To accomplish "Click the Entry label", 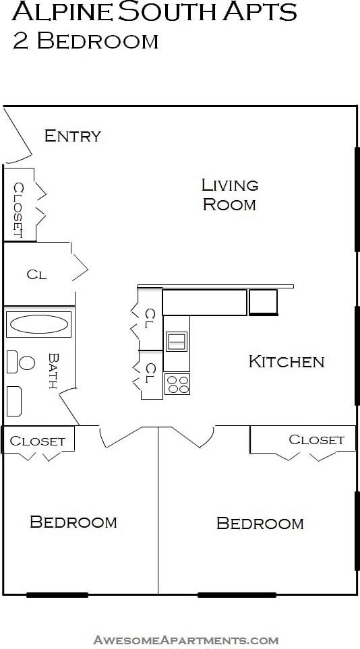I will (72, 135).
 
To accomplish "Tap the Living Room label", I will (229, 194).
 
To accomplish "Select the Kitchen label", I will (287, 361).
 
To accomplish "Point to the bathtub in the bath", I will (38, 324).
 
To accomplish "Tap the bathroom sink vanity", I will (14, 401).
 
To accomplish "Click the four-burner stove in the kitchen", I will (177, 384).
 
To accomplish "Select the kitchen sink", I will (177, 342).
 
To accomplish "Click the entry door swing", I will (16, 138).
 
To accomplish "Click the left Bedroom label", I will (73, 522).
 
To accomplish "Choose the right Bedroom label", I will (260, 523).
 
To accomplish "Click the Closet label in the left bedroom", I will (38, 441).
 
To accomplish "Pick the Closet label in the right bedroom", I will (316, 439).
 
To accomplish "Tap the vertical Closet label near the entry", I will (18, 210).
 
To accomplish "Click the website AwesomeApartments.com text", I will (185, 640).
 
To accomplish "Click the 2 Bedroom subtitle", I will (85, 41).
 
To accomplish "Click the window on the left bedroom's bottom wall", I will (57, 594).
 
